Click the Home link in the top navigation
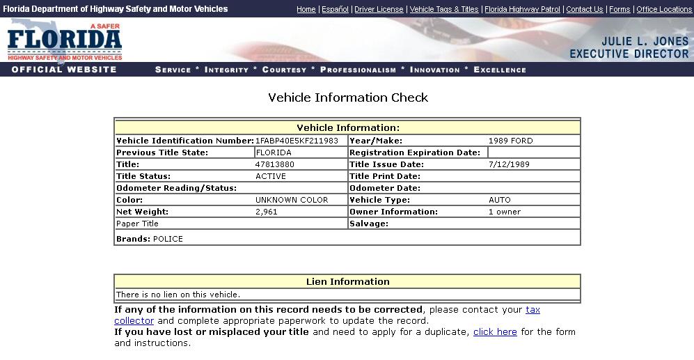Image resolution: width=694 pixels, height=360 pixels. [x=306, y=9]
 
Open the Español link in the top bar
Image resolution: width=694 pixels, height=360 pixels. [x=335, y=9]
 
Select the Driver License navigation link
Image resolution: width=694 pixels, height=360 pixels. [x=379, y=9]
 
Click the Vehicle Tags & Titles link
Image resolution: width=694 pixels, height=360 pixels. [x=444, y=9]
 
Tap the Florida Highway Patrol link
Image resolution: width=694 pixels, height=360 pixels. [x=522, y=9]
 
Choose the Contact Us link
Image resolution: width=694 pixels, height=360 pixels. [x=584, y=9]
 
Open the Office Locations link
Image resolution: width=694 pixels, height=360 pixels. [x=664, y=9]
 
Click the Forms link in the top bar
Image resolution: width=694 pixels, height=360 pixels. [x=620, y=9]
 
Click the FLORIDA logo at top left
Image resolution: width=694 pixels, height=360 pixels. [x=65, y=42]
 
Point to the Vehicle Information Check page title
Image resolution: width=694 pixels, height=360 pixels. [x=348, y=97]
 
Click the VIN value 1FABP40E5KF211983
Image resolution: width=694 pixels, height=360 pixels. [x=297, y=141]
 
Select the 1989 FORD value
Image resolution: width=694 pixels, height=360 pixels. [x=510, y=141]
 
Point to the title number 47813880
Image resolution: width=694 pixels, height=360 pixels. [x=275, y=164]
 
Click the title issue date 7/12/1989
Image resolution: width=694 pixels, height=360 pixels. [x=510, y=164]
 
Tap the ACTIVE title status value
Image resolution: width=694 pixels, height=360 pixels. [x=271, y=176]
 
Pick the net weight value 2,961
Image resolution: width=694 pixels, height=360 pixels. [x=267, y=212]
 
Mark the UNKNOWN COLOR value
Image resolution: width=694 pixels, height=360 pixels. [x=292, y=200]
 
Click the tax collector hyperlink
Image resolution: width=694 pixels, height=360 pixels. [x=533, y=310]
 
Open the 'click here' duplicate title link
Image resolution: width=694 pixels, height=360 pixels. [x=495, y=332]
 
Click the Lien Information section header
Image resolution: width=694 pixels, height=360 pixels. [x=347, y=281]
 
